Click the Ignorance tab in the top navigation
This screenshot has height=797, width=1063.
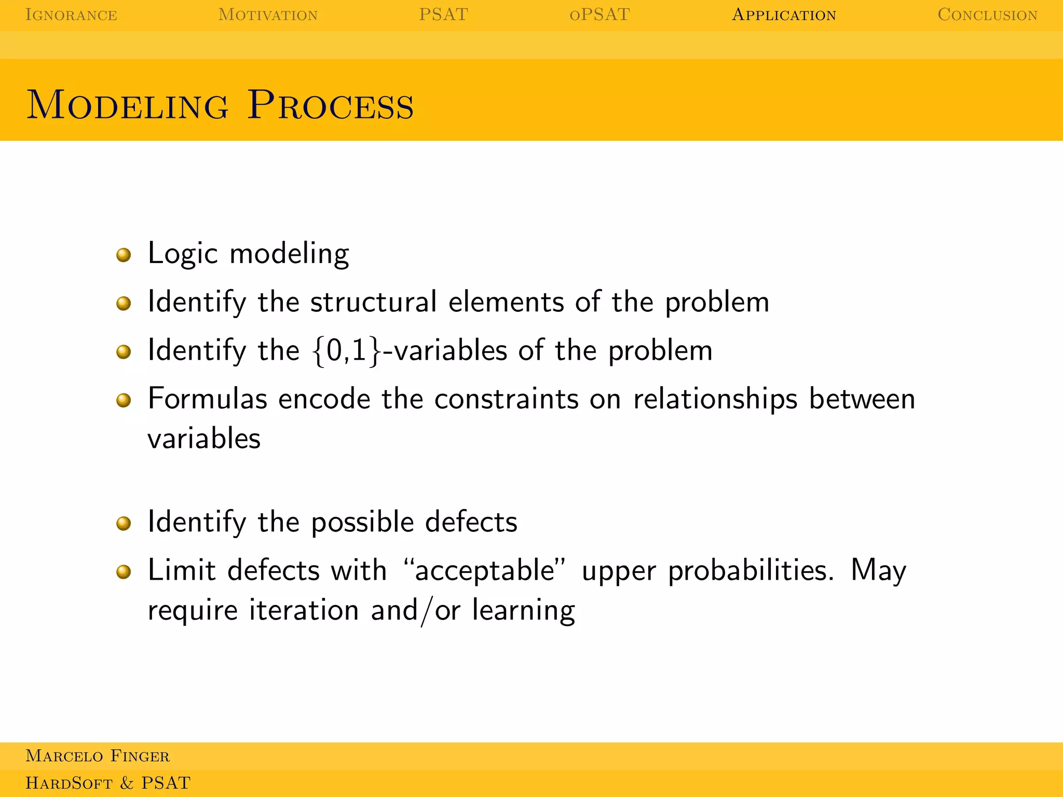pyautogui.click(x=71, y=15)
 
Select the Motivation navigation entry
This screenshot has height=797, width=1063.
pyautogui.click(x=268, y=15)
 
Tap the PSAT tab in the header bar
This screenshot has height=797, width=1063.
pyautogui.click(x=443, y=15)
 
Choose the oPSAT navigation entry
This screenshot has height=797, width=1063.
pyautogui.click(x=599, y=15)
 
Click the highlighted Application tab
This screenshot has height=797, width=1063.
pyautogui.click(x=784, y=15)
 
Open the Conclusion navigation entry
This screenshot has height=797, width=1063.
pyautogui.click(x=987, y=15)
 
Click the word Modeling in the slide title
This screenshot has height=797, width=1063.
pyautogui.click(x=127, y=105)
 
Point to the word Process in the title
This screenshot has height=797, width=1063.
pyautogui.click(x=331, y=105)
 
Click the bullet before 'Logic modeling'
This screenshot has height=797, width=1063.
pyautogui.click(x=124, y=255)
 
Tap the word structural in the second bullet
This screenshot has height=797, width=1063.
pyautogui.click(x=373, y=301)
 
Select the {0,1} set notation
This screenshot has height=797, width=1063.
pyautogui.click(x=347, y=351)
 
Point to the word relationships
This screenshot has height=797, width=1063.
pyautogui.click(x=715, y=400)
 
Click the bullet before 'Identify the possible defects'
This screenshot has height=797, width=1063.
pyautogui.click(x=124, y=523)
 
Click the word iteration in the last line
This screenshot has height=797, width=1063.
pyautogui.click(x=304, y=610)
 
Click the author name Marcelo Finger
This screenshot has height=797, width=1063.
pyautogui.click(x=98, y=756)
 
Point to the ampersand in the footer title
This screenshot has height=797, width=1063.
pyautogui.click(x=127, y=783)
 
